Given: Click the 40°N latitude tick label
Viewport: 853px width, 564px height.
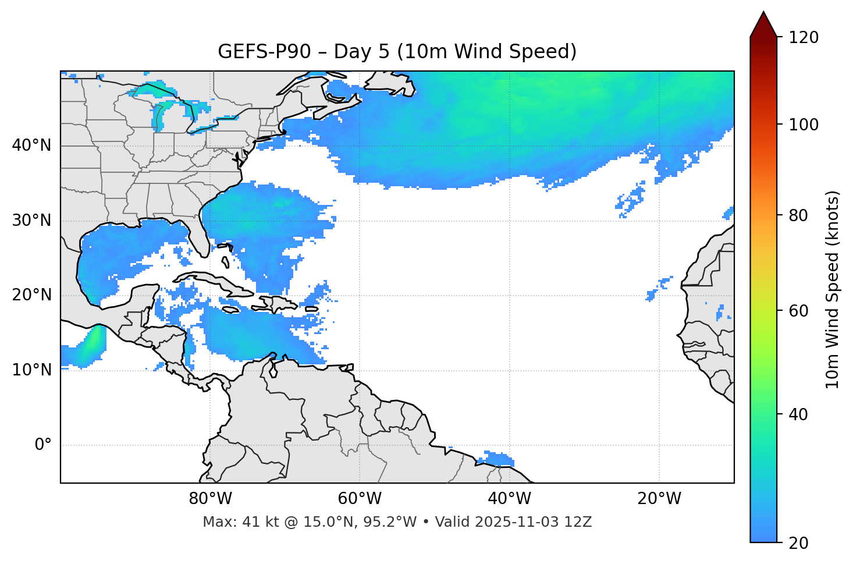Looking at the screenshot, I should click(31, 146).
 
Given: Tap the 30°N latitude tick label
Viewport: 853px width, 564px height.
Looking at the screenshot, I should click(31, 221).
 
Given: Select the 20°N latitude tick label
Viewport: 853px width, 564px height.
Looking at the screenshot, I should click(31, 295).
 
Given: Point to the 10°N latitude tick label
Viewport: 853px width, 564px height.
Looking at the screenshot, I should click(31, 370).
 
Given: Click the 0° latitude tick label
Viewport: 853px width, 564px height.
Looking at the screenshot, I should click(43, 445).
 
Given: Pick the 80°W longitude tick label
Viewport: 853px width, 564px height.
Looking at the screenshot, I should click(210, 499).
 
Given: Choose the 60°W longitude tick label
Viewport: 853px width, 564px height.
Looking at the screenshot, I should click(360, 499).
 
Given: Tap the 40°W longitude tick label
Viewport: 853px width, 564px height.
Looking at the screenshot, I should click(510, 499).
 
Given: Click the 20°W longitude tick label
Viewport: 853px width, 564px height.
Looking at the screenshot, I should click(659, 499).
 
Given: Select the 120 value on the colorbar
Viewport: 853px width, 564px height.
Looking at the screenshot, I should click(804, 38).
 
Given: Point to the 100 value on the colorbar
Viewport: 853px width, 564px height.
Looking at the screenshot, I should click(804, 125).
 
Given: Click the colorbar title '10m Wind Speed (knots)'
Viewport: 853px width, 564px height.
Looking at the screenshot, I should click(833, 289).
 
